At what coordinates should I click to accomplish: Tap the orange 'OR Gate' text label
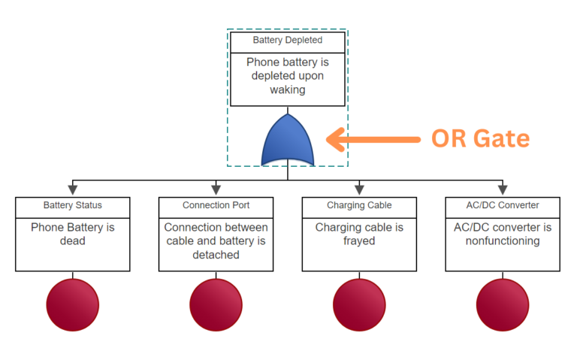(480, 138)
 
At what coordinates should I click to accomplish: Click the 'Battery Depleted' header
(288, 40)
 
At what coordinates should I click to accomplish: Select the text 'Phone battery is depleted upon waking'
(288, 76)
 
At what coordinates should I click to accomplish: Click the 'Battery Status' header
(73, 205)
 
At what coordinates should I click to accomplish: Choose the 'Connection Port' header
(216, 205)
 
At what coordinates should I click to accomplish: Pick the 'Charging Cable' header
(359, 205)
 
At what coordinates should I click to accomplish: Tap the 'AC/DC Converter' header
(503, 205)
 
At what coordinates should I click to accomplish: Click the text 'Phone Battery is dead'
(73, 234)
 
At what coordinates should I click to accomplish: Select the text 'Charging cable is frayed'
(359, 234)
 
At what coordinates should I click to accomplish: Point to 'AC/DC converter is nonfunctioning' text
(503, 234)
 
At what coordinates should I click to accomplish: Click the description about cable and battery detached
(216, 241)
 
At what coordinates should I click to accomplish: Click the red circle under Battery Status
(73, 305)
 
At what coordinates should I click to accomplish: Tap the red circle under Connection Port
(216, 305)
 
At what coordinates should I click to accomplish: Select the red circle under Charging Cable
(359, 305)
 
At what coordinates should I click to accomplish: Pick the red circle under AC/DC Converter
(503, 305)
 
